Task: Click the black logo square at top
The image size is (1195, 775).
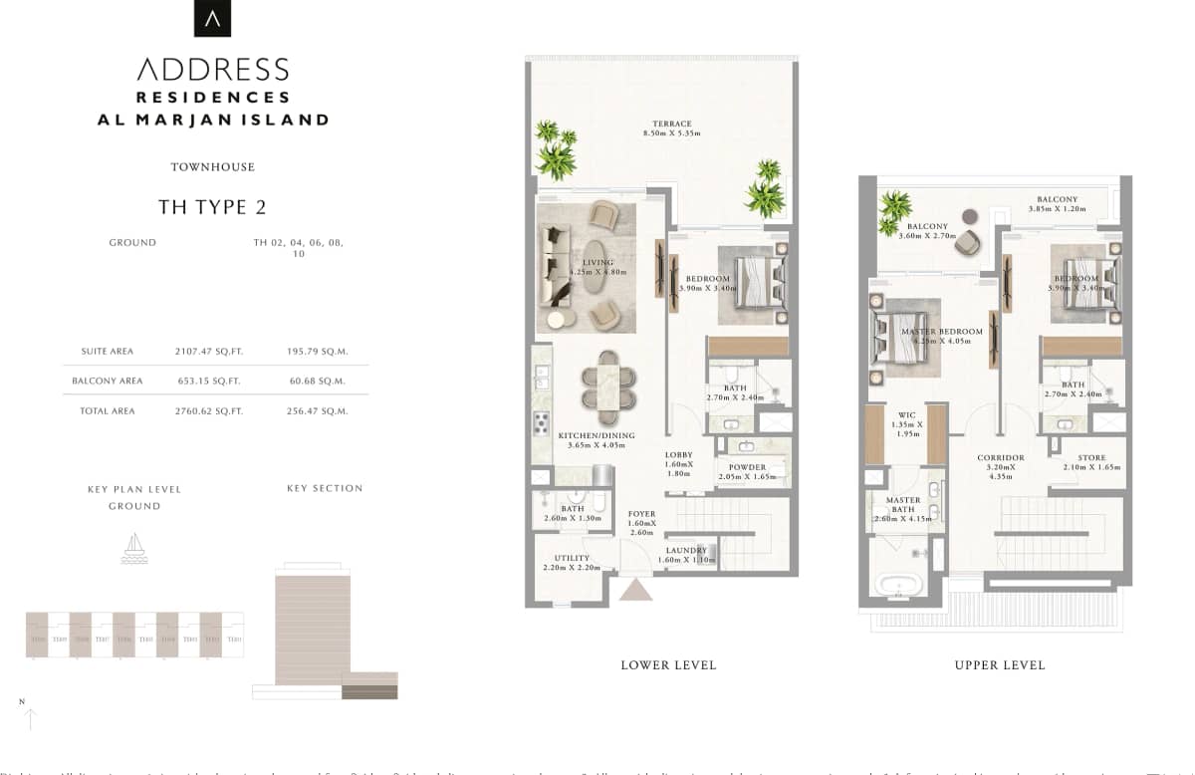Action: point(211,18)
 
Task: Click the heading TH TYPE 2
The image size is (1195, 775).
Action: point(212,207)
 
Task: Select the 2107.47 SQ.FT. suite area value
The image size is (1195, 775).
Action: point(209,352)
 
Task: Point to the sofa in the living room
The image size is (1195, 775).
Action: point(554,266)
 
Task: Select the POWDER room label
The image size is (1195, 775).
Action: point(747,467)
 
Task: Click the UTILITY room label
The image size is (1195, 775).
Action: point(572,559)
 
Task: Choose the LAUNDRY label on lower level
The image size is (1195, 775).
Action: point(686,551)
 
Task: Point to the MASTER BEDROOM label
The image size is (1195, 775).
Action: point(941,332)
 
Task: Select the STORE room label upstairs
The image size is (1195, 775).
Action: point(1091,458)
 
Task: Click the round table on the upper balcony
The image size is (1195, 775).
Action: point(969,215)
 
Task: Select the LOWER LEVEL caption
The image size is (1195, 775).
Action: point(667,665)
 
